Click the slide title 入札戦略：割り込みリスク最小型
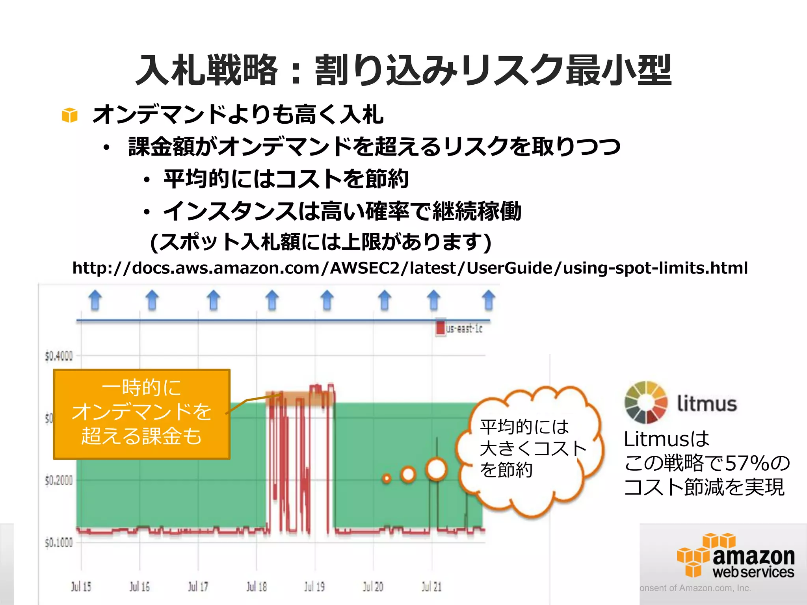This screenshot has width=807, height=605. [x=403, y=70]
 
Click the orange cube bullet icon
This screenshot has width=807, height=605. [x=70, y=115]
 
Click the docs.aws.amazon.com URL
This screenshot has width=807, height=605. [x=410, y=268]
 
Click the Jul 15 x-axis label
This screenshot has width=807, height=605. [x=81, y=586]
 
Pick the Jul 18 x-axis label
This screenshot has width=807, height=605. [x=257, y=586]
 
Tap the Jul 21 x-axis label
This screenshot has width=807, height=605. [x=431, y=586]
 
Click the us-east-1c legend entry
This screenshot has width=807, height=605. [x=459, y=328]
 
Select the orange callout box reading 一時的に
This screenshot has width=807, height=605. [x=141, y=414]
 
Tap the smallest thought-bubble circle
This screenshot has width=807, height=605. [x=387, y=479]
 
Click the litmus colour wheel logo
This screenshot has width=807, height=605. [x=646, y=402]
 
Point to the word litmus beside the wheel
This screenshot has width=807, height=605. [x=707, y=404]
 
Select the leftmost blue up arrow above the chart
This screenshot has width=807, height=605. [x=95, y=300]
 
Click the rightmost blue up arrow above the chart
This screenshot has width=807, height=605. [x=489, y=300]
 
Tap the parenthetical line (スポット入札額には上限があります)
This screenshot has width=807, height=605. [x=321, y=242]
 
